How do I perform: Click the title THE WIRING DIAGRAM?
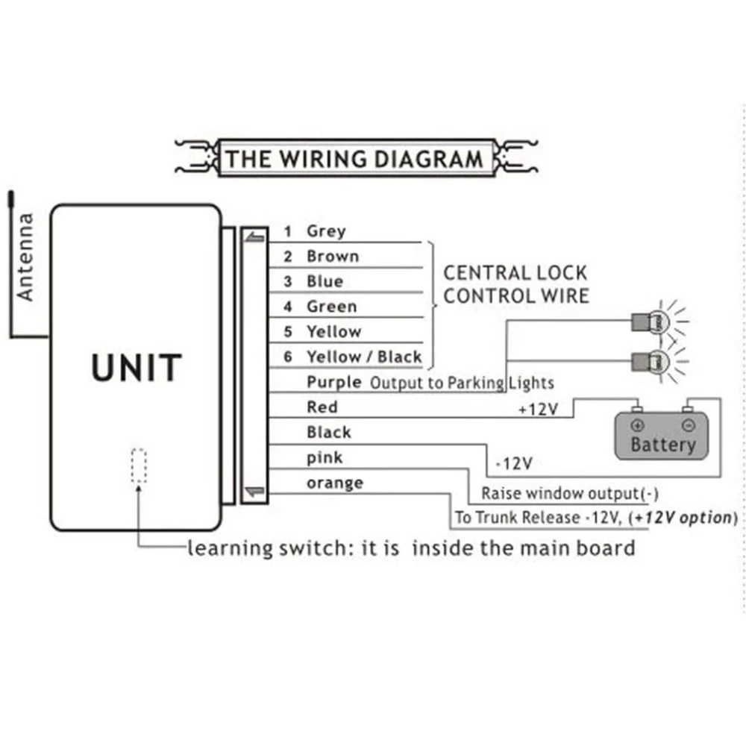354,159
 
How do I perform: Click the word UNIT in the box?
137,369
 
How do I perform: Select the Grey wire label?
326,231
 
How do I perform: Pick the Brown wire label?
332,257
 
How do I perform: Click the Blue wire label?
325,281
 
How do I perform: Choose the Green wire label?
331,307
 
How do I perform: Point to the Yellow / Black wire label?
363,357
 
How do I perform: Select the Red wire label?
322,407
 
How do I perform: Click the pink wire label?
325,457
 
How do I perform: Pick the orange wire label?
334,483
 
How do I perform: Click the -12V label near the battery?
513,463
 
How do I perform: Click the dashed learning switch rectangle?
138,466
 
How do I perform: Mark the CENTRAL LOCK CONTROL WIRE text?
515,284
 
